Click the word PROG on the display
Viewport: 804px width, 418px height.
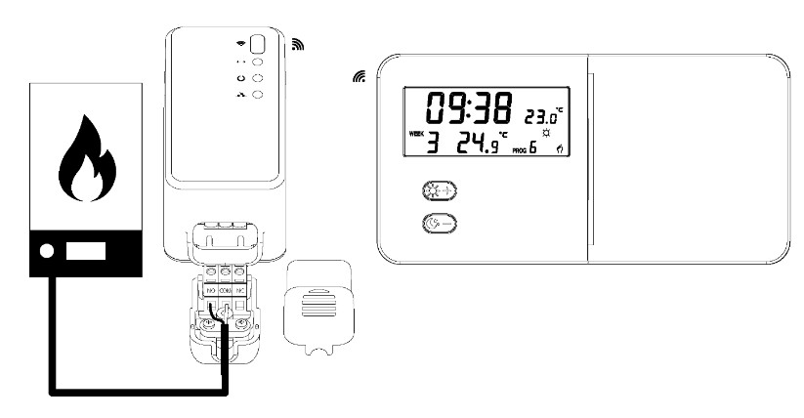point(519,153)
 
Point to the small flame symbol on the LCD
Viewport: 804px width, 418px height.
point(560,148)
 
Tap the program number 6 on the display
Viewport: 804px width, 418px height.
point(533,149)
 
